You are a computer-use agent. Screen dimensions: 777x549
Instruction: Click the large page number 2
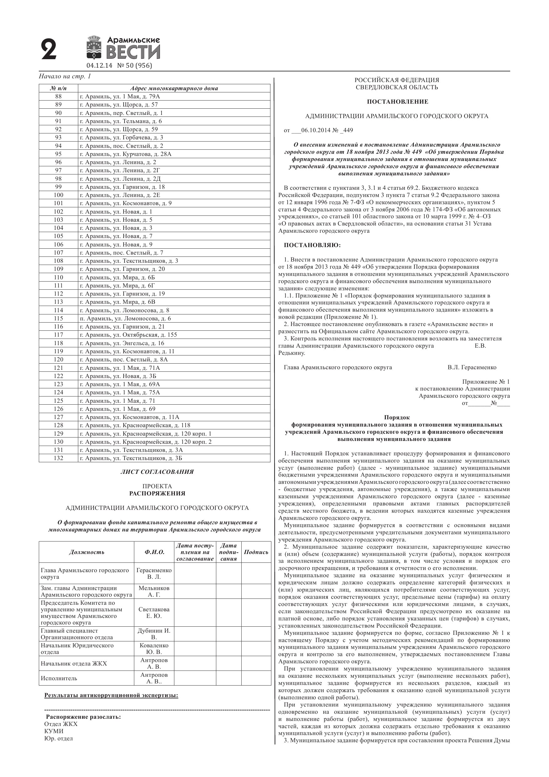[x=49, y=49]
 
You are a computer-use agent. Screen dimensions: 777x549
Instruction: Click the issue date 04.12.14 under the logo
[x=99, y=66]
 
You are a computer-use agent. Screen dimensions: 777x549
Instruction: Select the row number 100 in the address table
[x=59, y=195]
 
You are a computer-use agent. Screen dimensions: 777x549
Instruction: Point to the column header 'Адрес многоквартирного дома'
[x=174, y=89]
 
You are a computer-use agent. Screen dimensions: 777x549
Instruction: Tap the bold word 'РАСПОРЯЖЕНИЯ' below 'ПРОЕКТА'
[x=157, y=493]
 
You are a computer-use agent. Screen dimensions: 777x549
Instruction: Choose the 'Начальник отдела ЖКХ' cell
[x=74, y=664]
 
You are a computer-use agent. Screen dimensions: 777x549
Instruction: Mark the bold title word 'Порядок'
[x=397, y=417]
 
